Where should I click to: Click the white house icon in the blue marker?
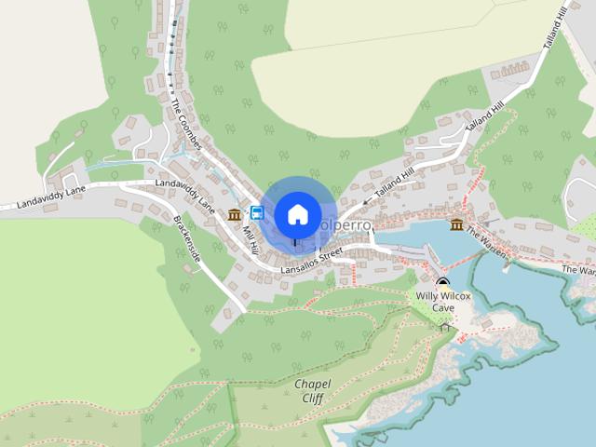tap(296, 214)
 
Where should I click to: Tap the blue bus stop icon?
tap(257, 212)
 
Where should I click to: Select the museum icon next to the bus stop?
tap(234, 215)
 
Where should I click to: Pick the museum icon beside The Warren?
tap(456, 225)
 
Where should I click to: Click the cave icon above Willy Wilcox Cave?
tap(443, 282)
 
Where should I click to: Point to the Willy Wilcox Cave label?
tap(443, 301)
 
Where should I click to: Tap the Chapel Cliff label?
tap(313, 389)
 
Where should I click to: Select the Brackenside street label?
tap(187, 244)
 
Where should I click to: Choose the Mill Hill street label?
tap(251, 233)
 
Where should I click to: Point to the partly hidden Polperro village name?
tap(346, 226)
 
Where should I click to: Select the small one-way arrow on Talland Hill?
tap(367, 202)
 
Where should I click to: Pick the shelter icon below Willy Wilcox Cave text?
tap(444, 326)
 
